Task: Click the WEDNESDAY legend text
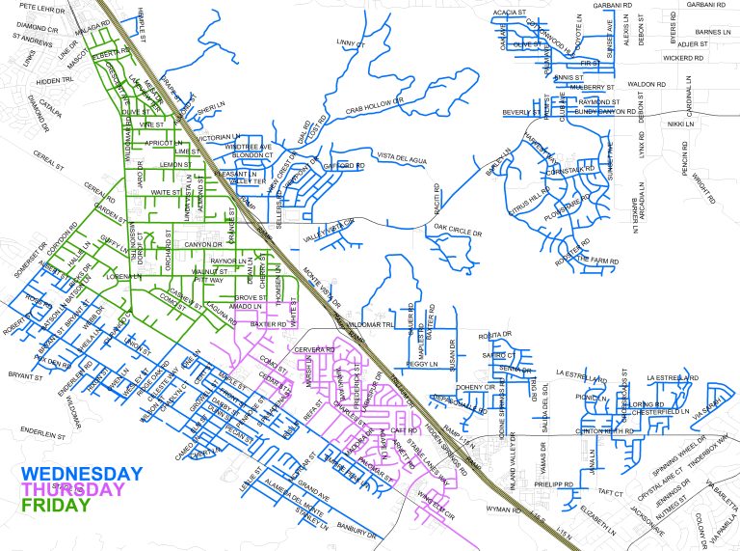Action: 82,474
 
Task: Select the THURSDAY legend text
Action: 75,489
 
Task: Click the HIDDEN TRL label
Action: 54,81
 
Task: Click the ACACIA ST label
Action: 509,13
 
